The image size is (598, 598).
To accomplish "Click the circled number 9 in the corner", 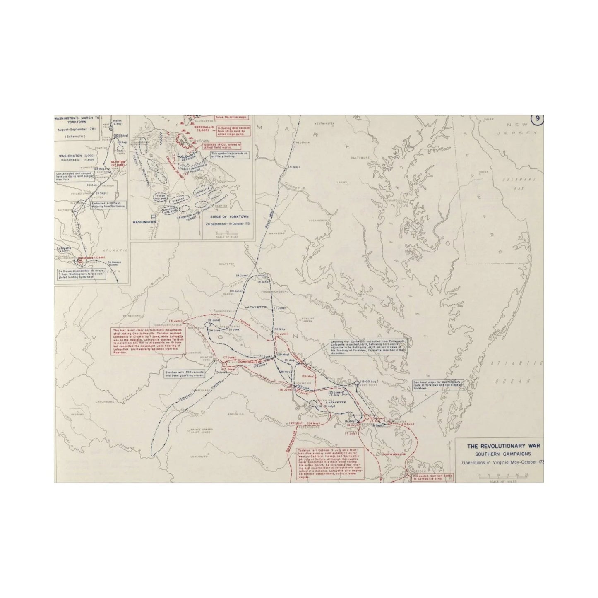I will [537, 119].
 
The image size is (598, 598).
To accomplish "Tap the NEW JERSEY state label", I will [522, 129].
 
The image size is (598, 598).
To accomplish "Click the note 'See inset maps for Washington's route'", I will [437, 385].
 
